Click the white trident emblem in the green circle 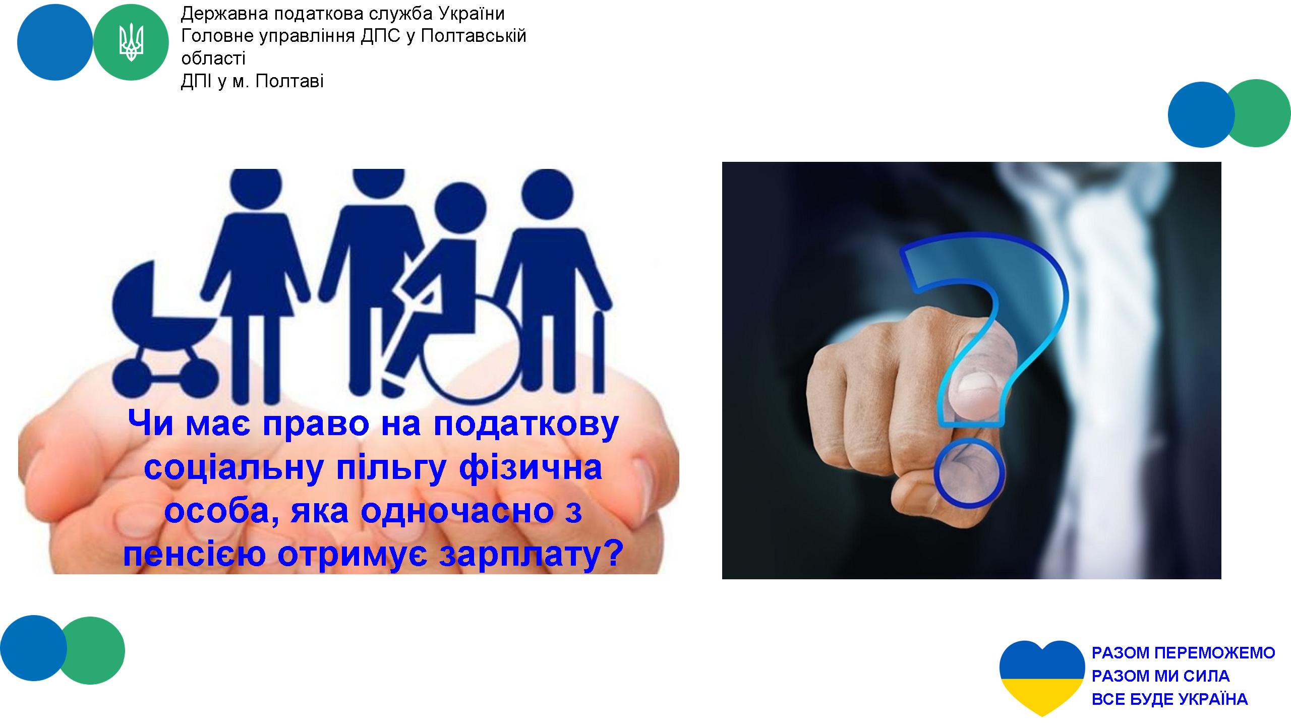tap(131, 43)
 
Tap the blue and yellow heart tap(1042, 678)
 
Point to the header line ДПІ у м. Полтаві tap(252, 81)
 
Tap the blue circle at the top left tap(55, 42)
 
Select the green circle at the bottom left tap(92, 650)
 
